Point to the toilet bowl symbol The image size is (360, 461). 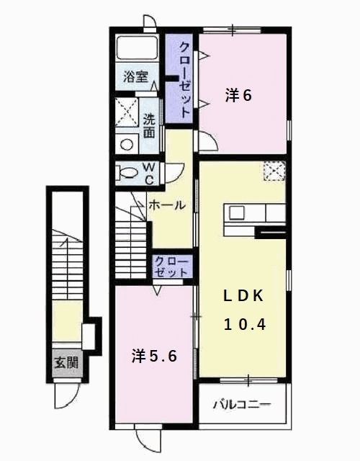(127, 173)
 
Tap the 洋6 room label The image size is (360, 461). (238, 94)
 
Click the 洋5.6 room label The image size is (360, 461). (154, 355)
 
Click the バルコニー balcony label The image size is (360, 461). (242, 405)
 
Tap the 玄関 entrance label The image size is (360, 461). (66, 363)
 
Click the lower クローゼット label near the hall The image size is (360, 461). (171, 267)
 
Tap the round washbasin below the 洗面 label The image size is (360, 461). (127, 143)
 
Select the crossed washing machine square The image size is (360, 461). (127, 112)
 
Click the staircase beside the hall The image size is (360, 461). (130, 234)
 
